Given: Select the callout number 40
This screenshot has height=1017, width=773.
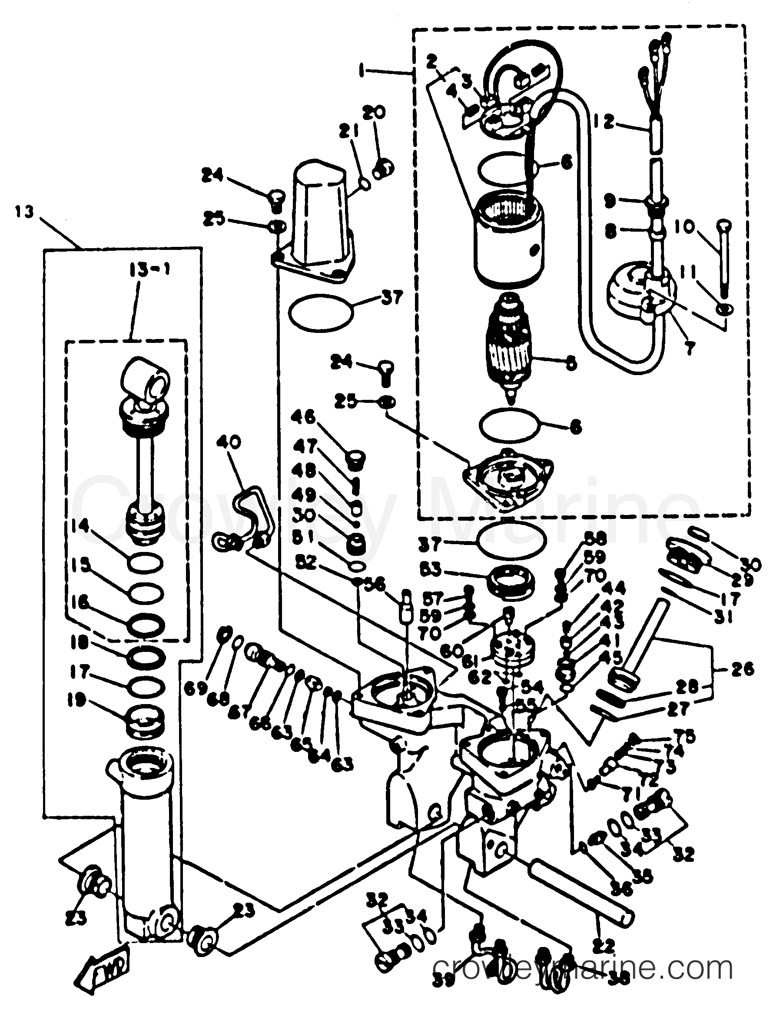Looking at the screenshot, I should point(228,443).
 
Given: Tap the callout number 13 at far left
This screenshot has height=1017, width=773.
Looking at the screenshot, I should point(24,213).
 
